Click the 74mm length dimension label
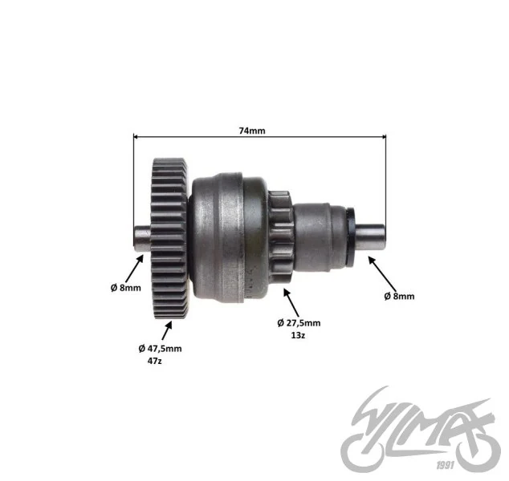(x=252, y=131)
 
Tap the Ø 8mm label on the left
(x=125, y=288)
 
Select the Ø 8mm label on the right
(x=399, y=296)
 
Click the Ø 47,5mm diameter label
(x=160, y=349)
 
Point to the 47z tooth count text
(x=154, y=361)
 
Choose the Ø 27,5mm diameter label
(x=299, y=323)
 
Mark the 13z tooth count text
(x=298, y=335)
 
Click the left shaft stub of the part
(x=142, y=238)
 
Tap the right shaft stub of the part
(x=370, y=237)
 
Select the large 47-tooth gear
(x=169, y=239)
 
